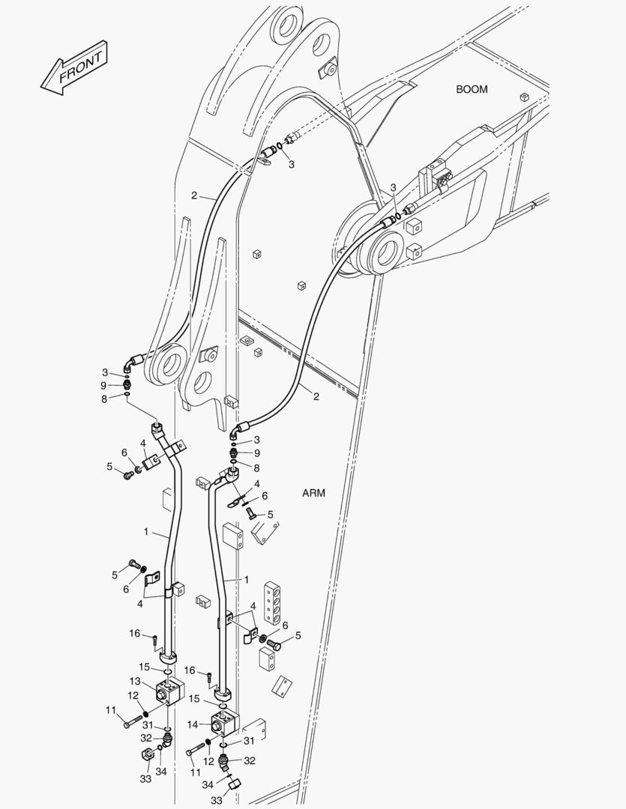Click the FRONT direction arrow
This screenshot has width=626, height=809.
[74, 68]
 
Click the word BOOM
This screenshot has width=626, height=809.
[472, 89]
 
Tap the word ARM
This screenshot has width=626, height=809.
[313, 493]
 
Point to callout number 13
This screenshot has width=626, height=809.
[135, 682]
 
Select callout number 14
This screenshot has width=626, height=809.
[192, 725]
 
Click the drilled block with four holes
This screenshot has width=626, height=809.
[272, 601]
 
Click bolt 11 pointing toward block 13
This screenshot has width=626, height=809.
[133, 721]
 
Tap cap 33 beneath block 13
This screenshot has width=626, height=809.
[147, 754]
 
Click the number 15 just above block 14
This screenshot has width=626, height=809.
[193, 699]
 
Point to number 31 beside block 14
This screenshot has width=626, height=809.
[249, 741]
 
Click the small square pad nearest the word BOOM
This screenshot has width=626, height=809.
[524, 97]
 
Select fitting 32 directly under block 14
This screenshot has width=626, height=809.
[223, 760]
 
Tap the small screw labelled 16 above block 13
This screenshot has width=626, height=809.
[154, 640]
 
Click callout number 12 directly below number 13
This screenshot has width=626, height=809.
[133, 696]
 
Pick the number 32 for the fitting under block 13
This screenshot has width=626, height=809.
[146, 739]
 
